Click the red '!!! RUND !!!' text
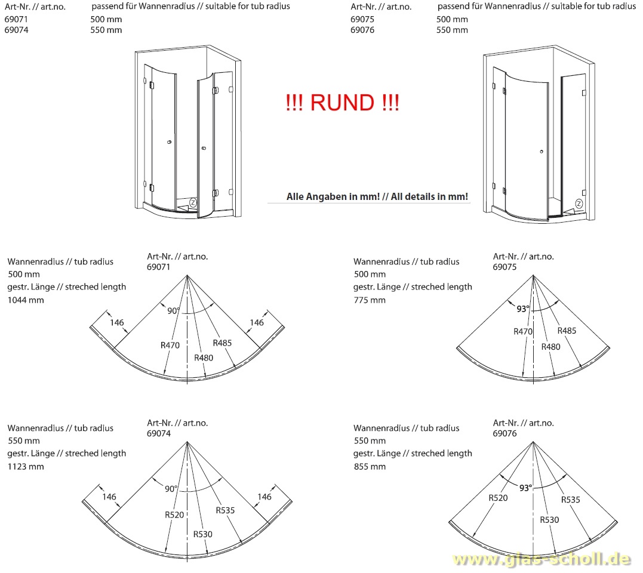coord(342,103)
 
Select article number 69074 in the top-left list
coord(16,30)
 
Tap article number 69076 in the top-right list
coord(362,30)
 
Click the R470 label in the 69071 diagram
coord(171,344)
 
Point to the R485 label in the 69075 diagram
coord(567,331)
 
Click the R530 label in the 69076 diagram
coord(549,520)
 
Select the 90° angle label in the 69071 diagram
coord(173,310)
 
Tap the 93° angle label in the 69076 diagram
coord(525,488)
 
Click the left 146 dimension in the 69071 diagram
coord(116,323)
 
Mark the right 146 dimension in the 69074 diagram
coord(264,497)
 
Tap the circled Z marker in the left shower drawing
coord(193,203)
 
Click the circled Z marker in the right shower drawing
coord(579,204)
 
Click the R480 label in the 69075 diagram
coord(551,346)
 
